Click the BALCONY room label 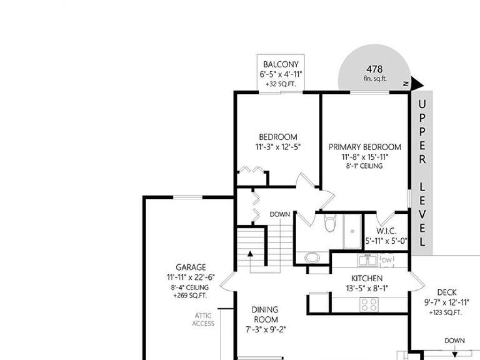coord(281,65)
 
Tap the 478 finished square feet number coord(375,69)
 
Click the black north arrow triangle coord(417,83)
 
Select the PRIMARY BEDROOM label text coord(365,147)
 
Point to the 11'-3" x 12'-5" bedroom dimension coord(278,147)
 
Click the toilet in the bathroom coord(330,222)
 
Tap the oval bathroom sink coord(312,257)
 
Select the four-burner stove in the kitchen coord(369,305)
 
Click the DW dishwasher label coord(387,261)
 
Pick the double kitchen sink coord(367,260)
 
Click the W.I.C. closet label coord(386,231)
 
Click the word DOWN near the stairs coord(280,215)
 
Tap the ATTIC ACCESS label coord(203,319)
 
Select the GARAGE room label coord(191,267)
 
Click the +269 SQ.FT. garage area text coord(190,296)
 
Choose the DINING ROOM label coord(265,315)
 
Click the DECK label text coord(447,292)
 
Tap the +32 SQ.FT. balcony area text coord(281,84)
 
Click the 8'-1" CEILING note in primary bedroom coord(364,166)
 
